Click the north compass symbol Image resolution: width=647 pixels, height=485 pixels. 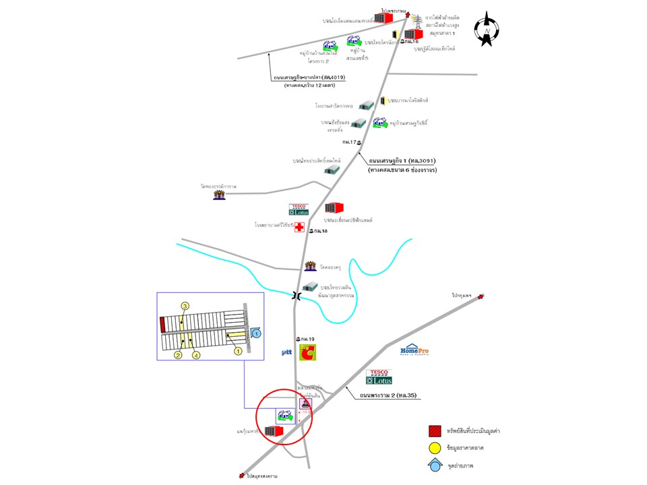[x=487, y=30]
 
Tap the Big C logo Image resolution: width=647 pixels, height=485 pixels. [x=307, y=352]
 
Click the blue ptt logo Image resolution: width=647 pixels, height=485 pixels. [x=286, y=352]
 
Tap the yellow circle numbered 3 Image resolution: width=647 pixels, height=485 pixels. [x=185, y=306]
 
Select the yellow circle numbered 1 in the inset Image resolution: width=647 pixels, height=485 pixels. [x=237, y=350]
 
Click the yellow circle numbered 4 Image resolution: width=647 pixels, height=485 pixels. [x=196, y=354]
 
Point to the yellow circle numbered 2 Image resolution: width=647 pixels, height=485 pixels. [x=179, y=354]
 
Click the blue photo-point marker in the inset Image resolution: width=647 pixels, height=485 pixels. [x=255, y=331]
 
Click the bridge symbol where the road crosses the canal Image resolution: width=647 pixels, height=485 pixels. [x=297, y=295]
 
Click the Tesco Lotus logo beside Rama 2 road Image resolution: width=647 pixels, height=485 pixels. [x=379, y=377]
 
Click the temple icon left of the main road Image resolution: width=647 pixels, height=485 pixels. [x=219, y=195]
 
